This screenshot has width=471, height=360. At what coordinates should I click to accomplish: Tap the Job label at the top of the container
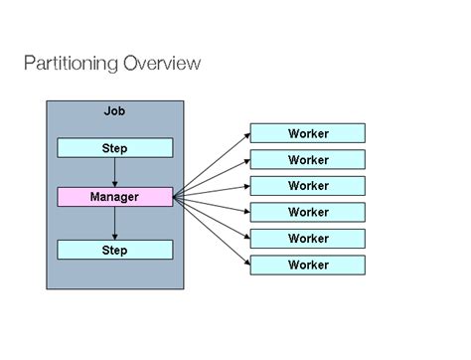pos(114,112)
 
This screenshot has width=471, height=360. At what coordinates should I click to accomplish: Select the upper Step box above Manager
pos(114,148)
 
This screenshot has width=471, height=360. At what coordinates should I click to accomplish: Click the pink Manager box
pos(114,197)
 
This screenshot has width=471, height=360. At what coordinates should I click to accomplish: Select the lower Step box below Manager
pos(114,250)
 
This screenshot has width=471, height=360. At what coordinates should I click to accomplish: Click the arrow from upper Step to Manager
pos(114,171)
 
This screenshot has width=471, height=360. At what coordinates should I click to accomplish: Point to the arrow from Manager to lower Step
pos(114,222)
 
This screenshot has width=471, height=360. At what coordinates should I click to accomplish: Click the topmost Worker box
pos(307,133)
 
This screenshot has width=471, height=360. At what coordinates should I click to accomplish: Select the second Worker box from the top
pos(307,159)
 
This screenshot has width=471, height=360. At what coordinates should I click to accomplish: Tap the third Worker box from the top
pos(307,186)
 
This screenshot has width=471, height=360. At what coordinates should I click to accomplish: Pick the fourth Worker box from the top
pos(307,212)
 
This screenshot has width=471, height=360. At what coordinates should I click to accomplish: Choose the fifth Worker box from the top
pos(307,239)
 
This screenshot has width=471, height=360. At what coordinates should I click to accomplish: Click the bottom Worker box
pos(307,265)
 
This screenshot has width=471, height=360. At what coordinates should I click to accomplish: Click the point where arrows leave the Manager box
pos(174,197)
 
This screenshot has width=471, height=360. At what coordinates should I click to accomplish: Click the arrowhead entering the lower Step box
pos(114,236)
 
